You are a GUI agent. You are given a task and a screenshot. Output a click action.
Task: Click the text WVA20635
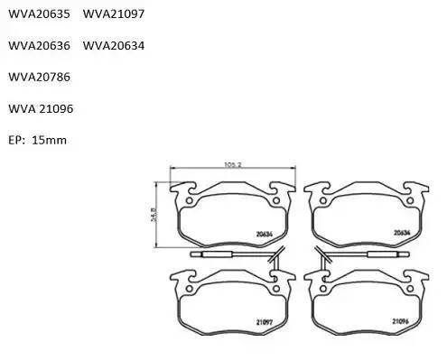tap(39, 14)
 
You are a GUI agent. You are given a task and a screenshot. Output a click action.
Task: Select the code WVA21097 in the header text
tap(114, 14)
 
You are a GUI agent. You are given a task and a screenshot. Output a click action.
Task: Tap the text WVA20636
tap(39, 45)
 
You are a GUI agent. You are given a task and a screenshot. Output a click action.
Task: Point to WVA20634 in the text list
tap(114, 45)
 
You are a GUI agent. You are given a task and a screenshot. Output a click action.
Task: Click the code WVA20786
tap(39, 77)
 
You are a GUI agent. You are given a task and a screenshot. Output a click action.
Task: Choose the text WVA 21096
tap(41, 108)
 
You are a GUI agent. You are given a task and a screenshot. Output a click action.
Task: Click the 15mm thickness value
tap(49, 140)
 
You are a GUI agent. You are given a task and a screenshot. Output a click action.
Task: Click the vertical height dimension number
tap(154, 213)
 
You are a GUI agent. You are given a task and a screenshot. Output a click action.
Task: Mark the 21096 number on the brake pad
tap(402, 320)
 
